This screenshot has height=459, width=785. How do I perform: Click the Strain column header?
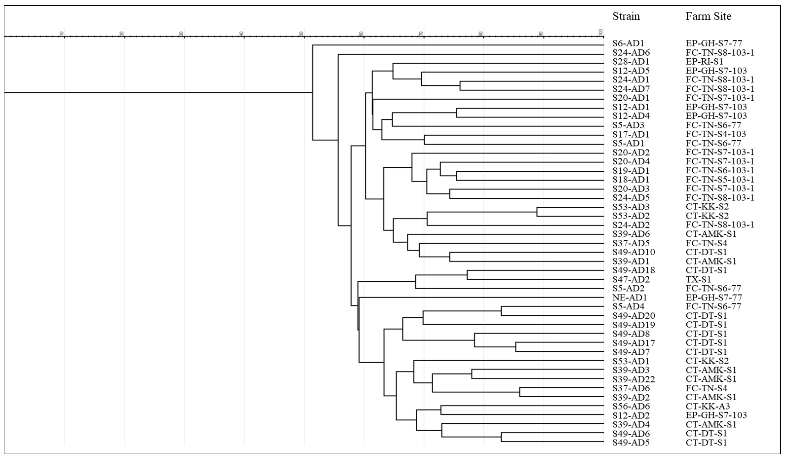(626, 16)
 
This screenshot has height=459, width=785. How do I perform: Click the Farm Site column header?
(708, 16)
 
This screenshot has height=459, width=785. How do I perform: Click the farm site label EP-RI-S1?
(704, 62)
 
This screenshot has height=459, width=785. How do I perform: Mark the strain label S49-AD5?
(631, 442)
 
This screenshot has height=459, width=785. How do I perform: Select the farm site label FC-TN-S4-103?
(716, 134)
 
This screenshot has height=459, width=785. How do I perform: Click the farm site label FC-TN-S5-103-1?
(720, 180)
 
